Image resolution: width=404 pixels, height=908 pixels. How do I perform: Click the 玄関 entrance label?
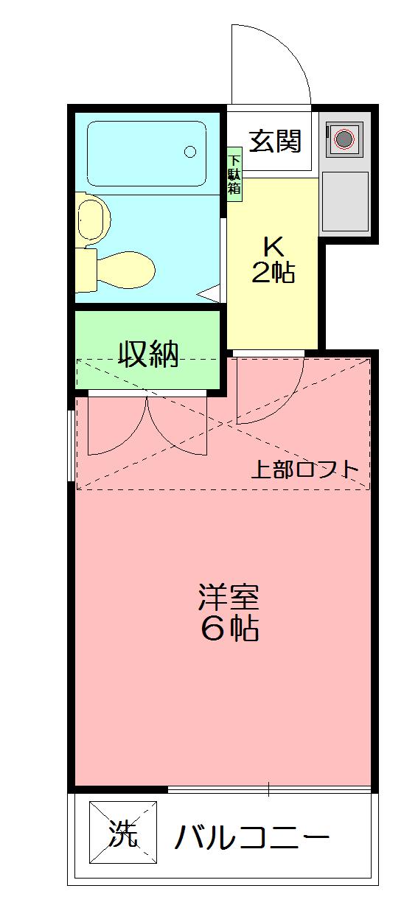coord(274,140)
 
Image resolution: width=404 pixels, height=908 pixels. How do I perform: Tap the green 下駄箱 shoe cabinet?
coord(234,175)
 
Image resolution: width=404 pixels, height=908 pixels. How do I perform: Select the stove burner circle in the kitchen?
coord(344,138)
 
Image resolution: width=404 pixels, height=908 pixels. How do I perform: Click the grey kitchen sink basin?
coord(344,201)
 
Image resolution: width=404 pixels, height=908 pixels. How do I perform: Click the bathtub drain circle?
coord(190,153)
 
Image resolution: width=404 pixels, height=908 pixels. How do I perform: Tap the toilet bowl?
coord(125,269)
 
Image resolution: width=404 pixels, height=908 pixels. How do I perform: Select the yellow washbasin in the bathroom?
coord(93,217)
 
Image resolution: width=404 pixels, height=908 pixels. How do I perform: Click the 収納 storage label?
coord(150,355)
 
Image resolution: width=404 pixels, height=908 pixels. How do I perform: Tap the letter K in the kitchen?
coord(274,245)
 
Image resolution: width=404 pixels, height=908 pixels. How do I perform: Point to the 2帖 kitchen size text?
coord(274,273)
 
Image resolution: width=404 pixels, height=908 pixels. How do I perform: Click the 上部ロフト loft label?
coord(305,469)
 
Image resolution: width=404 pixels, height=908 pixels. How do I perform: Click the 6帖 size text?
coord(229,629)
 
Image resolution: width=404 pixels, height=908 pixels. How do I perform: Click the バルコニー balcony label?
coord(251,837)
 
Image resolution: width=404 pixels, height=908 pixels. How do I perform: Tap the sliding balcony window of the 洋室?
coord(269,790)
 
